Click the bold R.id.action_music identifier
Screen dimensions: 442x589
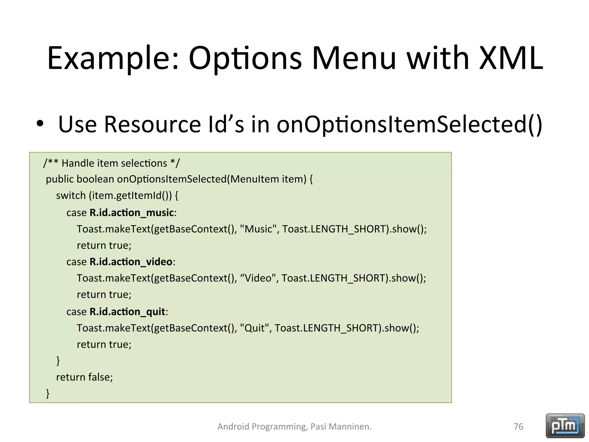131,213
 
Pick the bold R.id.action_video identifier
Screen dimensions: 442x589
131,262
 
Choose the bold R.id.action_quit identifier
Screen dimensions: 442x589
127,312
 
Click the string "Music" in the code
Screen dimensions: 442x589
258,229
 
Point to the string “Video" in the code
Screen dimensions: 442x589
257,278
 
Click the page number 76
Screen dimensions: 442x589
518,426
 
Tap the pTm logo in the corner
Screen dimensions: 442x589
565,426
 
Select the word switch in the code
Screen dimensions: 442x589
71,196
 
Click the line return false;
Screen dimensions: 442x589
84,377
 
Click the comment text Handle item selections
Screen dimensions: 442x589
114,163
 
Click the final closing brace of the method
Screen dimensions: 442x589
48,393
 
